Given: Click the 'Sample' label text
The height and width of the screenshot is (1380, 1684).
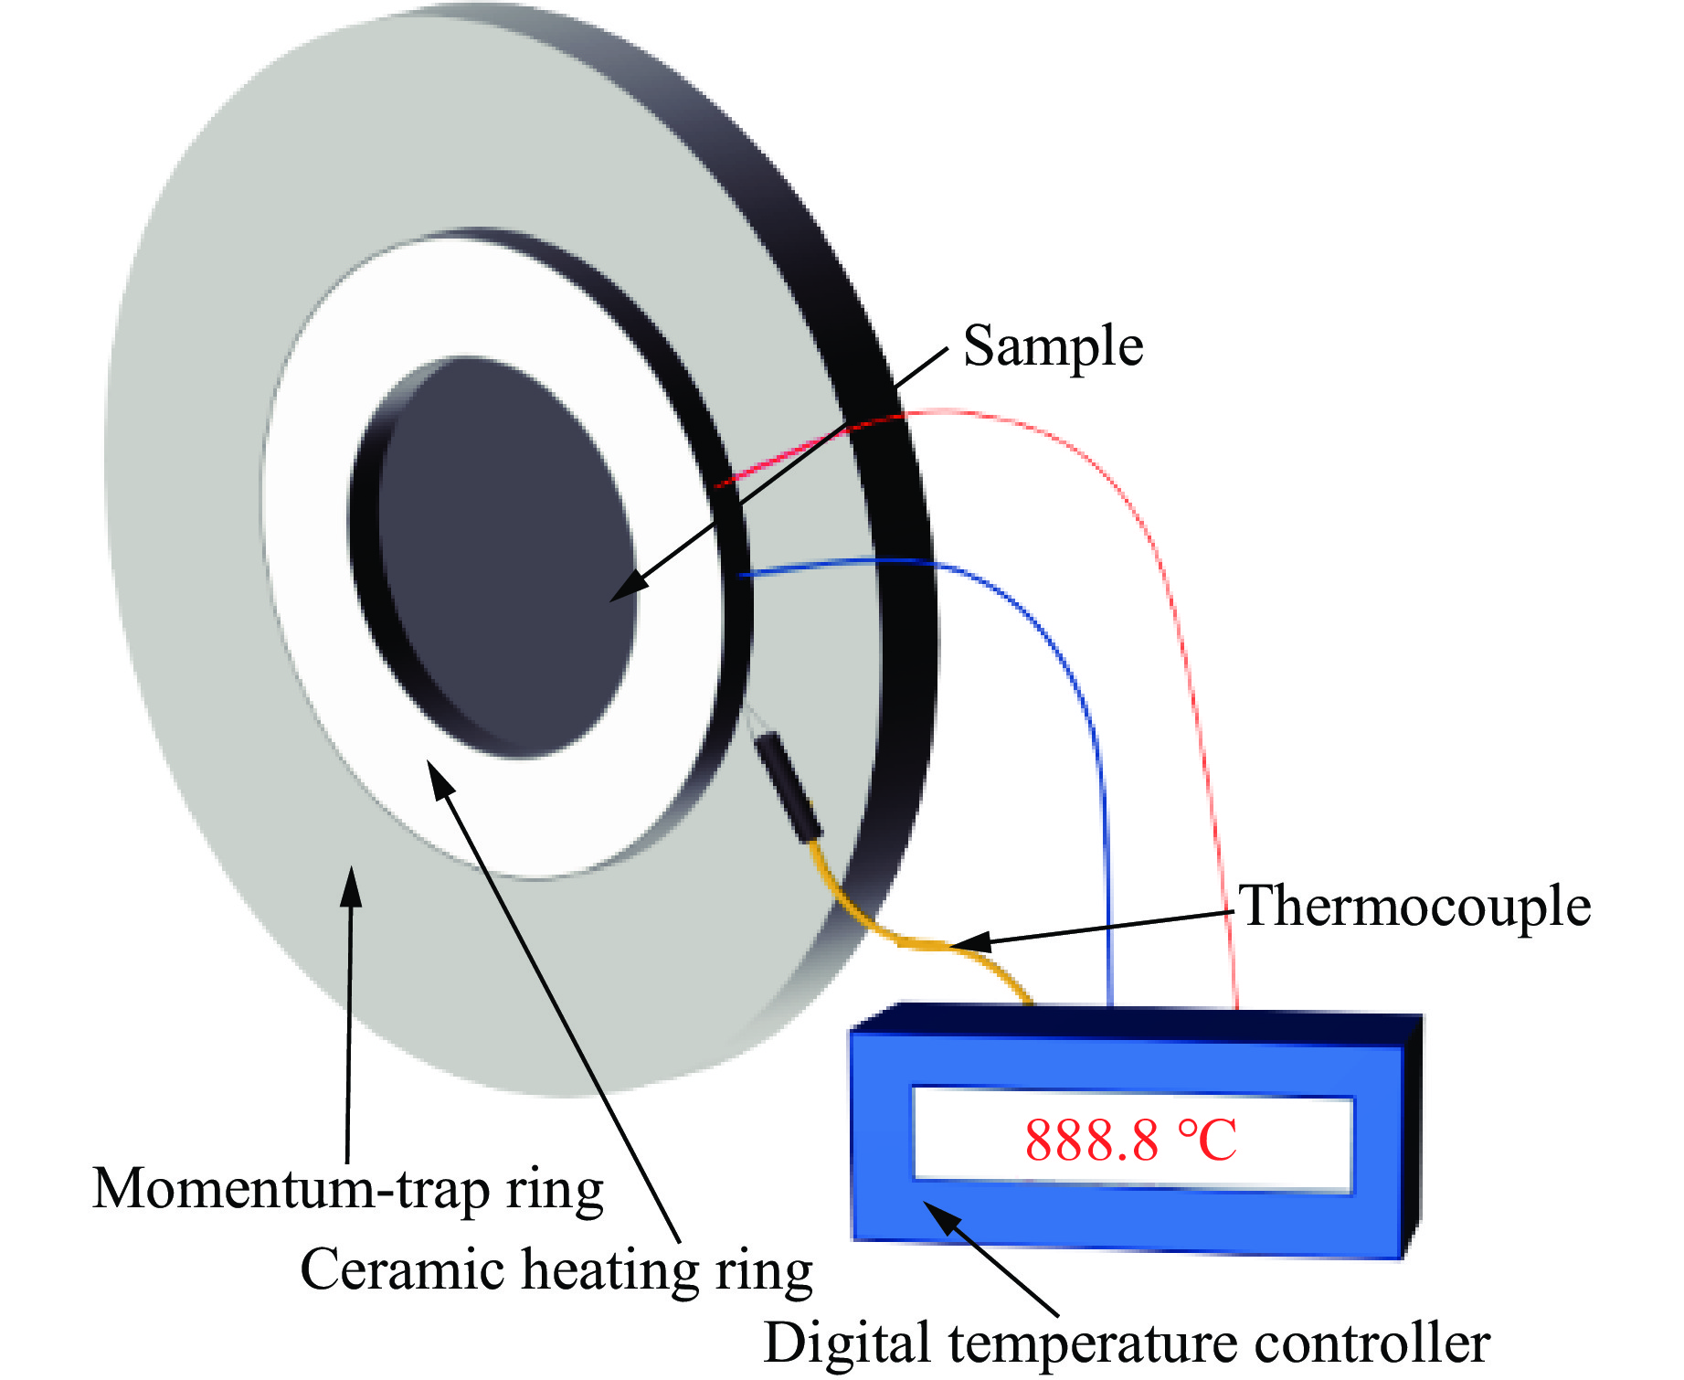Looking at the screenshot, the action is coord(1053,346).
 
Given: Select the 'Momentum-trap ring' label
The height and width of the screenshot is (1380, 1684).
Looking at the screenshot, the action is coord(348,1189).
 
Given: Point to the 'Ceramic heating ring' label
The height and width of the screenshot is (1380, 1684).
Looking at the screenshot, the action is coord(556,1270).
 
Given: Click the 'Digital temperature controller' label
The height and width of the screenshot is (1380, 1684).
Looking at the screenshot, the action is coord(1127,1343).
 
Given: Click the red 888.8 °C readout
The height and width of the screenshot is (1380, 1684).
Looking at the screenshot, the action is coord(1131,1141).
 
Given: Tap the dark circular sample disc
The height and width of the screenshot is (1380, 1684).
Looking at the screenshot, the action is coord(508,557).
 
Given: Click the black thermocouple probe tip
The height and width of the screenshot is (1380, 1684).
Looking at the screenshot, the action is coord(788,786).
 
